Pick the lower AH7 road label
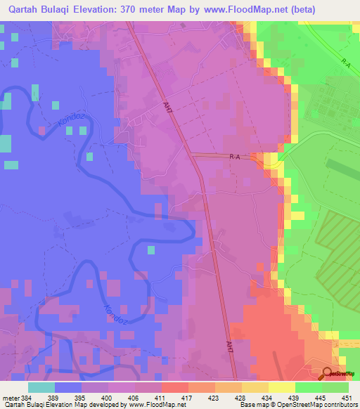point(229,346)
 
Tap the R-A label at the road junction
point(236,158)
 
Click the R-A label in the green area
point(346,63)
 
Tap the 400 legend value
point(108,398)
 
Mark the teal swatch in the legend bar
point(41,387)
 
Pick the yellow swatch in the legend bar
point(281,387)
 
